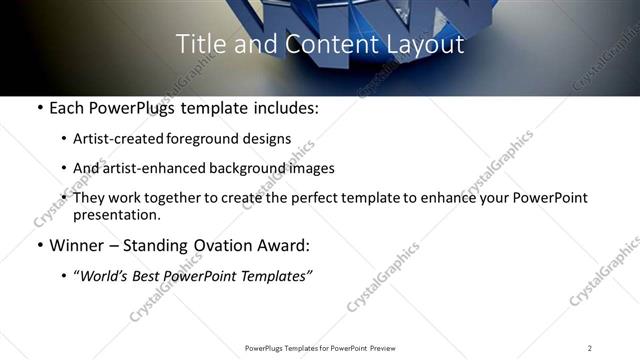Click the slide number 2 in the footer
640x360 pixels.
coord(590,348)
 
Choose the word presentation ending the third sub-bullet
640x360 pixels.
coord(117,215)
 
